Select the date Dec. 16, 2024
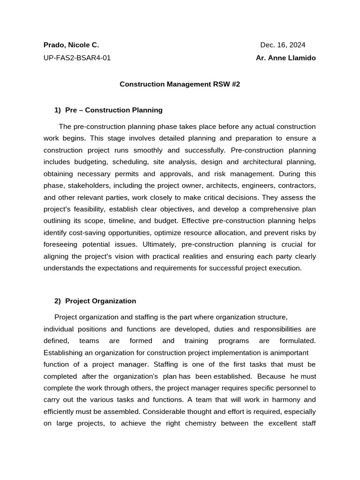(283, 45)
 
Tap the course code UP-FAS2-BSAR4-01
(77, 58)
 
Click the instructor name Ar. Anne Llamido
(285, 58)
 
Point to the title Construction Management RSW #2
(180, 84)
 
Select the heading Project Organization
(100, 301)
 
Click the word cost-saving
(92, 232)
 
